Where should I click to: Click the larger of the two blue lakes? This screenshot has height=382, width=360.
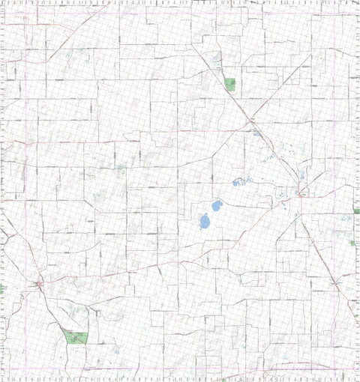coord(204,222)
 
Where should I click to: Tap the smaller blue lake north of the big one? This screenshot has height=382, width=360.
coord(216,204)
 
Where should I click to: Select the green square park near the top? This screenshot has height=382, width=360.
coord(229,84)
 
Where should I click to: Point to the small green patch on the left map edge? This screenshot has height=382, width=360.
coord(2,288)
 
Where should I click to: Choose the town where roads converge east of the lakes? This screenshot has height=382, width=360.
coord(299,194)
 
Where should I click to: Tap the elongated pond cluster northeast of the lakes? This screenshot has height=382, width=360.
coord(240,182)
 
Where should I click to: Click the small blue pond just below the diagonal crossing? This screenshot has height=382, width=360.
coord(256,133)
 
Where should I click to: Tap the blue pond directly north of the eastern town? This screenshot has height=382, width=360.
coord(301,177)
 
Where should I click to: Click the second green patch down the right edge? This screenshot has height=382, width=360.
coord(352,243)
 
